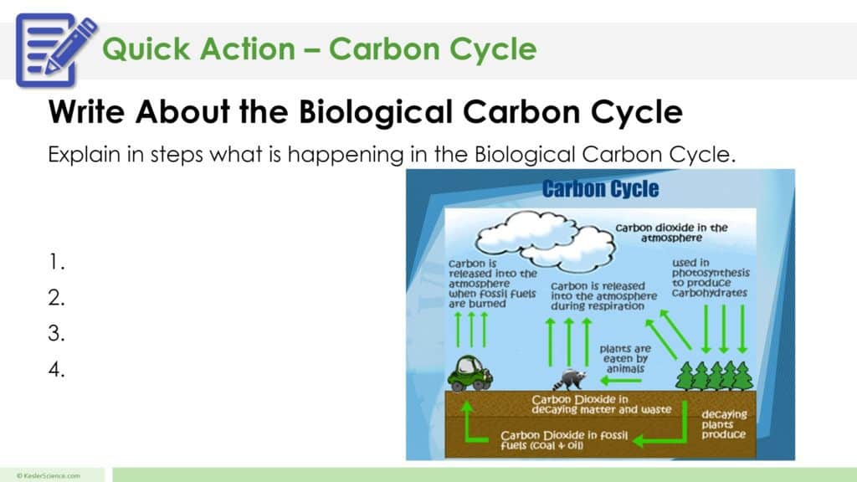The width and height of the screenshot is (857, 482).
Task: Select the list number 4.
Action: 56,370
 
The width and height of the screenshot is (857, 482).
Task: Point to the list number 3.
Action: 56,334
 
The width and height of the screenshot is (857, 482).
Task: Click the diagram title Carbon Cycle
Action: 600,188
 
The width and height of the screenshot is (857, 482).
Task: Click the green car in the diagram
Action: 470,373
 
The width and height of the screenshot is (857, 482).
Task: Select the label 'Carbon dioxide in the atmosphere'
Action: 671,232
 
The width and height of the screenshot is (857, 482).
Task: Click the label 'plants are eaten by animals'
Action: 624,358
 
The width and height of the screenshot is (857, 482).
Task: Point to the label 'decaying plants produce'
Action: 724,424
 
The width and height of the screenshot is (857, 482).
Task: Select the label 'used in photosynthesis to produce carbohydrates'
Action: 711,277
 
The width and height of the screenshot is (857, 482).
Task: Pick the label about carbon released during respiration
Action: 598,296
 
